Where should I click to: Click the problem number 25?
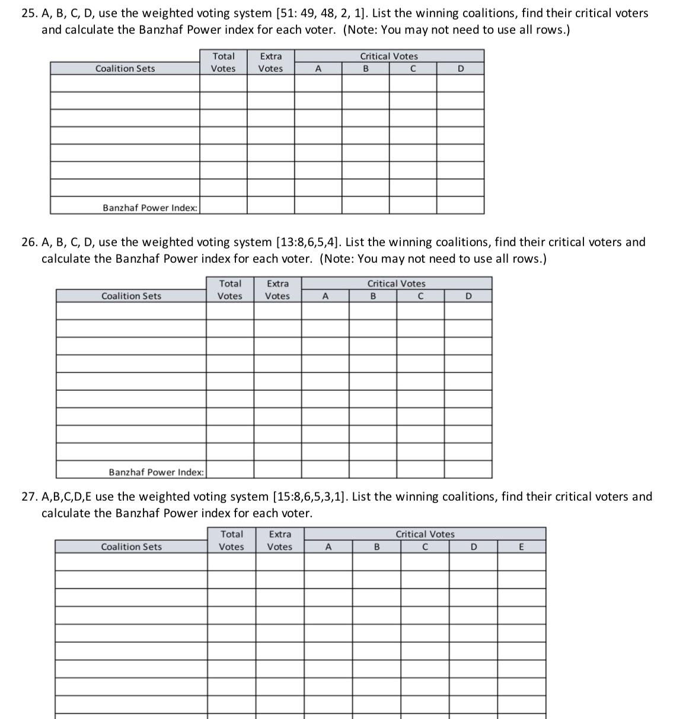pos(28,13)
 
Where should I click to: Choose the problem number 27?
pos(28,497)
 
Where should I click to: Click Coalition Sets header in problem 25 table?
pos(125,68)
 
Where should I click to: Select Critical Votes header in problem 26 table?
pos(396,284)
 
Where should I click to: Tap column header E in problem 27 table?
pos(521,547)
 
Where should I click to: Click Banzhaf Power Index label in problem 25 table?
pos(150,208)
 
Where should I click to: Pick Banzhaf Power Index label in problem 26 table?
pos(157,472)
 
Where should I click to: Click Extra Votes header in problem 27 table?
pos(280,540)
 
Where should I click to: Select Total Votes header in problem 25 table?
pos(223,62)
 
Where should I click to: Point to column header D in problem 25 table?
pos(460,69)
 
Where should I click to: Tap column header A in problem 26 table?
pos(325,296)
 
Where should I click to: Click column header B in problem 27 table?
pos(376,547)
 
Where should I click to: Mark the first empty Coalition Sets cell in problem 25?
pos(125,83)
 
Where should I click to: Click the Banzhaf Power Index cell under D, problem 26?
pos(468,470)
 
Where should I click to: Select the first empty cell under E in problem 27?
pos(521,562)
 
